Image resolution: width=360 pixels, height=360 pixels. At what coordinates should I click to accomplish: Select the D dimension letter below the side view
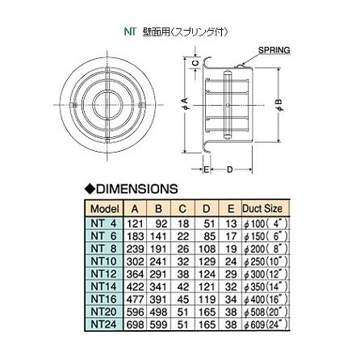(231, 170)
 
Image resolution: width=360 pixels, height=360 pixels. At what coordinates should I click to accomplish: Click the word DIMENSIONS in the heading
(136, 188)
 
